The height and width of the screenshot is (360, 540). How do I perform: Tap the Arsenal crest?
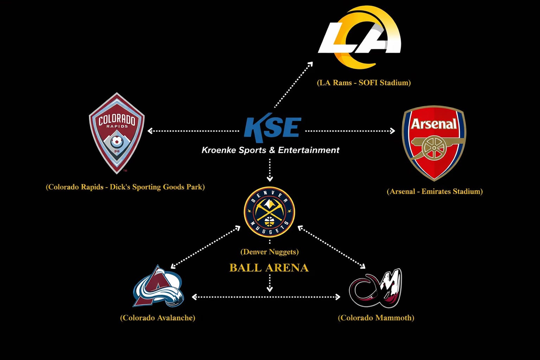pos(434,142)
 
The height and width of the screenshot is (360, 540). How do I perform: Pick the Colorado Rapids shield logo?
pos(117,133)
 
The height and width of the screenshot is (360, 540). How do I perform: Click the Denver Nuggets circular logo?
pos(269,212)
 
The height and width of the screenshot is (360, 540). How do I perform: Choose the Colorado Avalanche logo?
pos(158,287)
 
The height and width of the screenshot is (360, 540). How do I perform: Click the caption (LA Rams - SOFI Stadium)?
pos(364,83)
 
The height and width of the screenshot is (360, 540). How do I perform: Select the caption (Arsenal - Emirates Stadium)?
pos(435,192)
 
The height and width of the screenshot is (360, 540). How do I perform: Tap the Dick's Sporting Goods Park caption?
pos(125,187)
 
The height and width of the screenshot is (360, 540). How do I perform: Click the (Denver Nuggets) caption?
pos(269,252)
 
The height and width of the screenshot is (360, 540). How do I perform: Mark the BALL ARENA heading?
pos(269,268)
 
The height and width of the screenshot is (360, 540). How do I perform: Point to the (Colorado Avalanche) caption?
pos(157,318)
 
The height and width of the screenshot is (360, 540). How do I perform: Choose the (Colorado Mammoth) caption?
pos(376,318)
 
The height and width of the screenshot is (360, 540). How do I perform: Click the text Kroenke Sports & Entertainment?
pos(270,150)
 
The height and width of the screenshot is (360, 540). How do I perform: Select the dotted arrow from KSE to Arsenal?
pos(350,131)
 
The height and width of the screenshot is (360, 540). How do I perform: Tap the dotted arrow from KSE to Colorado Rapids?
pos(193,131)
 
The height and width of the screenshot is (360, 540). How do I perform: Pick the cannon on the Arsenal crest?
pos(434,147)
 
